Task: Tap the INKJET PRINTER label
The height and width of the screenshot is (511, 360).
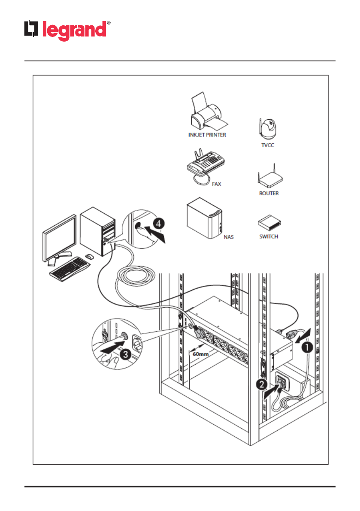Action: tap(207, 135)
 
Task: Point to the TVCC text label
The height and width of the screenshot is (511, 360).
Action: tap(268, 145)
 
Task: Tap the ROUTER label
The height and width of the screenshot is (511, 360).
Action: tap(269, 194)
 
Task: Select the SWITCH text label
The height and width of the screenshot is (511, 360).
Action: tap(269, 236)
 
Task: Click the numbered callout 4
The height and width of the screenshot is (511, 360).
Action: tap(158, 224)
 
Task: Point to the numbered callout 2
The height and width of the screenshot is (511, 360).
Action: tap(263, 384)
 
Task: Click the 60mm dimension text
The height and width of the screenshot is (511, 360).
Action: tap(200, 354)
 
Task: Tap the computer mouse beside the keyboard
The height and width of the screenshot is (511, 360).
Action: tap(89, 256)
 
